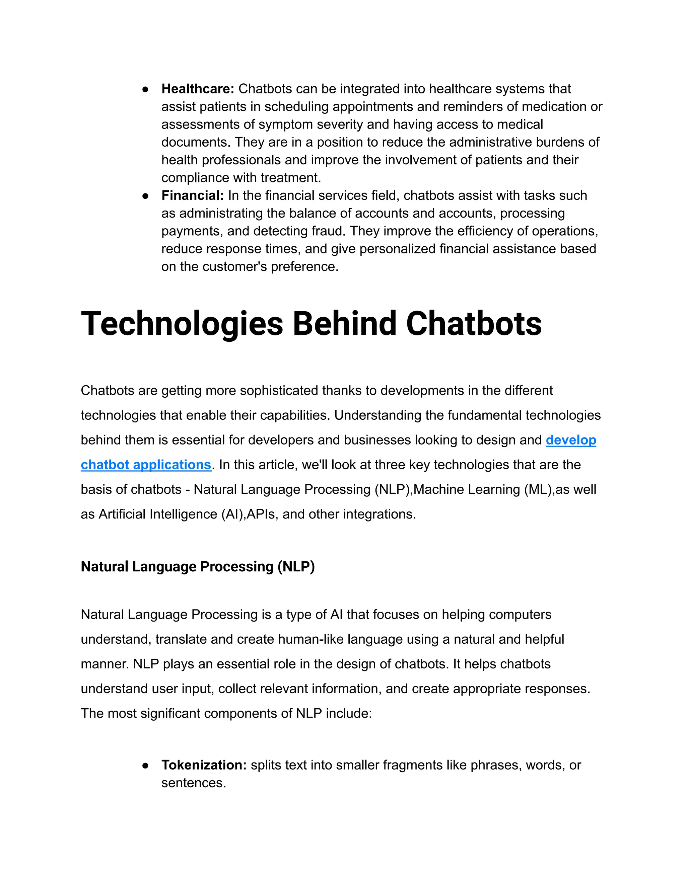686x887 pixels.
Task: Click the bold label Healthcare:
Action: point(198,89)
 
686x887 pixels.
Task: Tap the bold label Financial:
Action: point(193,195)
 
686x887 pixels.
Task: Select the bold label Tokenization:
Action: point(204,765)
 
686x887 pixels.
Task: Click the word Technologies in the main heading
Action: point(182,324)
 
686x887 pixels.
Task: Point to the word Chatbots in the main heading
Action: point(474,324)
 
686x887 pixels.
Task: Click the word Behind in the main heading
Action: point(344,324)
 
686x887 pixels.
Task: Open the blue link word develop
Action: point(570,440)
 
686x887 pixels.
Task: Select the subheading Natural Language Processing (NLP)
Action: point(198,567)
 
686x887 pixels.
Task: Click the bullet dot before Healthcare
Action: point(145,89)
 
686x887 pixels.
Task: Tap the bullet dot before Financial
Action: point(145,196)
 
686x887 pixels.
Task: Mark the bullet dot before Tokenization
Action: point(145,765)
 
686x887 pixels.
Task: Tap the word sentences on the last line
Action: point(194,783)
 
